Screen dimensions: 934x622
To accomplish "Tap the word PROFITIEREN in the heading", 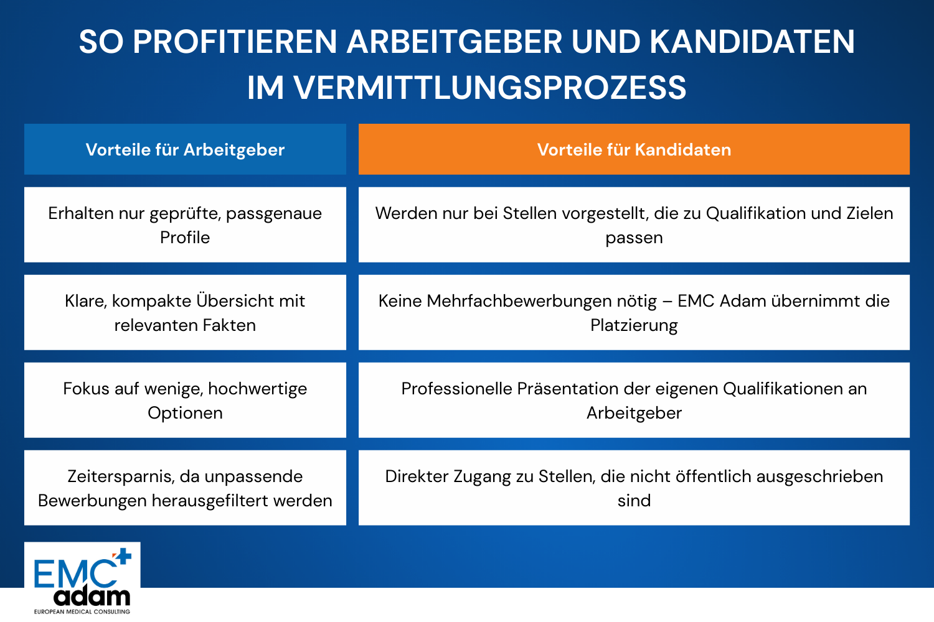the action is (235, 42).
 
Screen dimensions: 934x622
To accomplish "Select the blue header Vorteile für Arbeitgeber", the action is (185, 149).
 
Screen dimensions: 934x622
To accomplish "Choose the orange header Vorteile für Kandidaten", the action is (634, 149).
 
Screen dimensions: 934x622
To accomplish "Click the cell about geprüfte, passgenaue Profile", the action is (185, 225).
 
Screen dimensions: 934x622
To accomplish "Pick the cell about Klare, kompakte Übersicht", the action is (185, 312).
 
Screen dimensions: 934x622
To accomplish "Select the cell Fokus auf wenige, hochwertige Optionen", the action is (185, 400).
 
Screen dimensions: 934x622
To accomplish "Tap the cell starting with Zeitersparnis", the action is (185, 488).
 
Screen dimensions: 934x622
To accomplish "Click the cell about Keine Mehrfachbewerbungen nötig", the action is (634, 312).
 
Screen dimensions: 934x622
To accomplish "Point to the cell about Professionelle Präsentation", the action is (634, 400).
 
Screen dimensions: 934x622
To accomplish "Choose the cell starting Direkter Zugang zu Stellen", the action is (634, 488).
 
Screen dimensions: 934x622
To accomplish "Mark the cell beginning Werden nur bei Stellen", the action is (634, 225).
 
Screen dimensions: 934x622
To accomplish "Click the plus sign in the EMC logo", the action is (123, 556).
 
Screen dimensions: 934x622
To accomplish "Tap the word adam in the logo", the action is (92, 596).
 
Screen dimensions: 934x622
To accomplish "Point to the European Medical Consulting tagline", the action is (82, 611).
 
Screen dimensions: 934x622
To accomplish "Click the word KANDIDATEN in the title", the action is (752, 42).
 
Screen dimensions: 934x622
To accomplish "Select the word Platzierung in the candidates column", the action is (634, 325).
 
